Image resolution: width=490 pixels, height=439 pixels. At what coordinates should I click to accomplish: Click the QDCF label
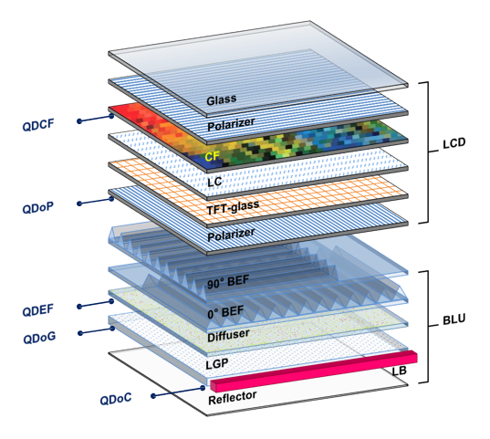[38, 124]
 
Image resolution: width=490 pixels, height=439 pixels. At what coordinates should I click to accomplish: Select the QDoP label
[37, 207]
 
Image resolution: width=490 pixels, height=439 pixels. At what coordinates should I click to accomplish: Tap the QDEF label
[37, 310]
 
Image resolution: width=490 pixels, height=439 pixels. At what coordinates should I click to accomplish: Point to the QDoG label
[39, 338]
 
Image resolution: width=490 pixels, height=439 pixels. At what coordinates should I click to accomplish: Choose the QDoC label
[116, 399]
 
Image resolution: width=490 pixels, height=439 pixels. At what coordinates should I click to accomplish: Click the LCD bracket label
[454, 143]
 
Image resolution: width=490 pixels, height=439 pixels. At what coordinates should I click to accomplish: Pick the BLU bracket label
[454, 319]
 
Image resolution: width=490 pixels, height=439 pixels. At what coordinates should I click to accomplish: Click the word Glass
[221, 99]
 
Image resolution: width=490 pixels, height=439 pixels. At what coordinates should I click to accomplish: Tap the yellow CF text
[213, 156]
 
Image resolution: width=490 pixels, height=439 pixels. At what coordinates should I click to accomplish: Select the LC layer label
[214, 182]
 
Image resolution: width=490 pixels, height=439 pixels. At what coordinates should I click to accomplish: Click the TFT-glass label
[233, 206]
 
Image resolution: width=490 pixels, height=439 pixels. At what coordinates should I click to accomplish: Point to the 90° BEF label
[228, 281]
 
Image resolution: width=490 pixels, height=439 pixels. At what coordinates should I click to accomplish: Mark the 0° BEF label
[225, 312]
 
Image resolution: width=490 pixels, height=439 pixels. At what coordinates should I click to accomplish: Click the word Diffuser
[228, 335]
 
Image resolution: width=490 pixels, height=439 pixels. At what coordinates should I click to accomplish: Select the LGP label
[217, 363]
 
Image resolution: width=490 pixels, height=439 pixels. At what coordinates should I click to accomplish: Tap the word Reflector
[232, 398]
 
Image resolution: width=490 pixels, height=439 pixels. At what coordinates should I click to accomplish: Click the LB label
[399, 371]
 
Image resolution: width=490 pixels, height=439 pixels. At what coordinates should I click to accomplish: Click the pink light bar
[314, 371]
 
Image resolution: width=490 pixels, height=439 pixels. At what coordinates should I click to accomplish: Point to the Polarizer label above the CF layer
[231, 124]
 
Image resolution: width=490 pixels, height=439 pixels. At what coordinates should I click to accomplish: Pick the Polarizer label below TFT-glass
[231, 235]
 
